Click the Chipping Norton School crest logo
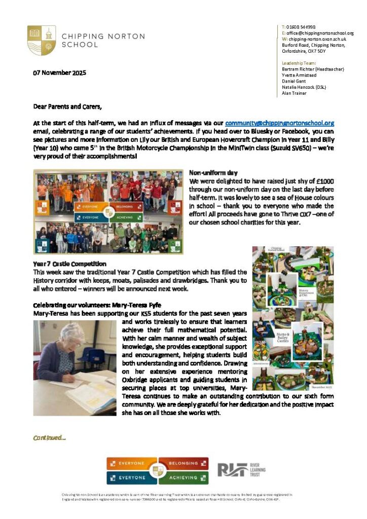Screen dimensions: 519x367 click(42, 40)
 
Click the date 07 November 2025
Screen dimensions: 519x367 click(60, 73)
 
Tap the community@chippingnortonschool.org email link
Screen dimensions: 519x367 click(279, 123)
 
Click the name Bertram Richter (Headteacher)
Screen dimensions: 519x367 click(313, 69)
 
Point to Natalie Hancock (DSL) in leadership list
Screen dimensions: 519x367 click(304, 87)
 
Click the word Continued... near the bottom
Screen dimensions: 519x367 click(49, 437)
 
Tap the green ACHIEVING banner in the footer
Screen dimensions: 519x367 click(183, 477)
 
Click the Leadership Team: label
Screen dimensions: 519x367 click(299, 63)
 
